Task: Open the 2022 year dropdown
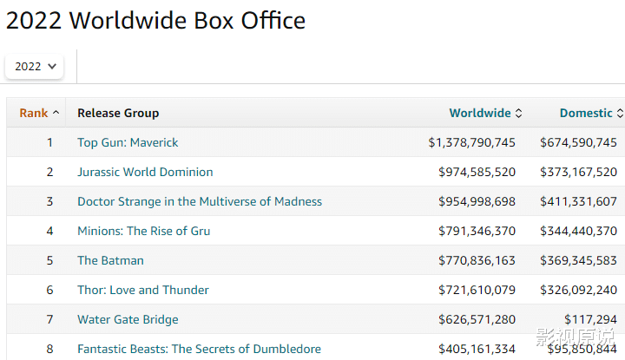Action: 35,66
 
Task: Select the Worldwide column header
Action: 480,113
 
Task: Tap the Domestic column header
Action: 586,113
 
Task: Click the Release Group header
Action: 118,113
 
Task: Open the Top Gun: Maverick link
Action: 128,142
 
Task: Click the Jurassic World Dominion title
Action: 145,172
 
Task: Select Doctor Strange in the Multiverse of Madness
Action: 200,201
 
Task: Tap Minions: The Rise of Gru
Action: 143,231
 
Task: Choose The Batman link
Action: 110,260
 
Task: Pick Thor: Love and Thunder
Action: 143,290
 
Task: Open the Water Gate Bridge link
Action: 128,319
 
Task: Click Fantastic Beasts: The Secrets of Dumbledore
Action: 199,349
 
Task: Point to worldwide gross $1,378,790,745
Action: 471,142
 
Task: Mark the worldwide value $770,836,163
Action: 477,260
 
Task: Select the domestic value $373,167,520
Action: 578,172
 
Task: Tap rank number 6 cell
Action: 49,290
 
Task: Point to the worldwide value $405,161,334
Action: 477,349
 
